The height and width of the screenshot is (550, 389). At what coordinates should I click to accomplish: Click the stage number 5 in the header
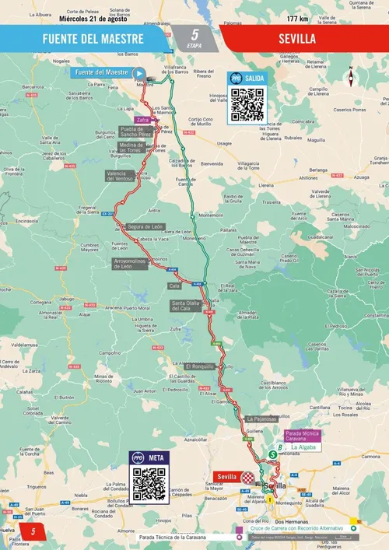pyautogui.click(x=194, y=34)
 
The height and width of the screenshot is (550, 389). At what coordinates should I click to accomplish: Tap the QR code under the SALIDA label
pyautogui.click(x=247, y=105)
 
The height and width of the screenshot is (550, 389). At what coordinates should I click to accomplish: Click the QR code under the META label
pyautogui.click(x=148, y=485)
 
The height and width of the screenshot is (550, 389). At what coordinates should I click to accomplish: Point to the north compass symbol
pyautogui.click(x=351, y=77)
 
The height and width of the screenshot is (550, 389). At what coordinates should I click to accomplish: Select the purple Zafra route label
pyautogui.click(x=142, y=121)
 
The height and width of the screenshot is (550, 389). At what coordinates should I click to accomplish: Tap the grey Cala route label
pyautogui.click(x=175, y=286)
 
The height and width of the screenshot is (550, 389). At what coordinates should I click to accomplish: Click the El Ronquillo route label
pyautogui.click(x=200, y=366)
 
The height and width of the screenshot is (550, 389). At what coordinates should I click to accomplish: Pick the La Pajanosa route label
pyautogui.click(x=261, y=419)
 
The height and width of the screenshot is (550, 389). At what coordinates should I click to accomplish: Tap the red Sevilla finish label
pyautogui.click(x=226, y=476)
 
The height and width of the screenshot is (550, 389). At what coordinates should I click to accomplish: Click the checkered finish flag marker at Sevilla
pyautogui.click(x=248, y=476)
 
